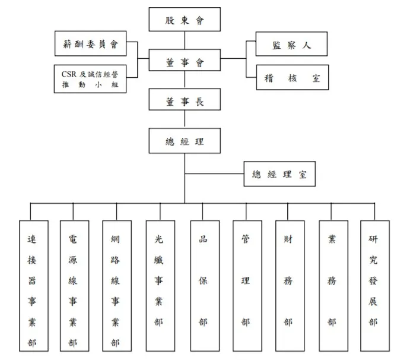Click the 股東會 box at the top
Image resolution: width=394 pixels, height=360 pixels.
tap(185, 20)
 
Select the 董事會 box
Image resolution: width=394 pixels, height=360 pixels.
tap(185, 61)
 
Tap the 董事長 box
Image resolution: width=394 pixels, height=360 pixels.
tap(185, 101)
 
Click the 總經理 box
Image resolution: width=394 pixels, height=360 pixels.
tap(185, 141)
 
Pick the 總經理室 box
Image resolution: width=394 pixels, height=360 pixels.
tap(279, 175)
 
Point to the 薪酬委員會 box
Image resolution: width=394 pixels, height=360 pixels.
tap(90, 43)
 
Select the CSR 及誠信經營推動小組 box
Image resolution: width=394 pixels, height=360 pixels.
tap(90, 78)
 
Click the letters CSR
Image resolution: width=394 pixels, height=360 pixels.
tap(69, 74)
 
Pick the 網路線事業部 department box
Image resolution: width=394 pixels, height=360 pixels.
tap(116, 285)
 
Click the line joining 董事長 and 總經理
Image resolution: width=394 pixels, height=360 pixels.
tap(185, 120)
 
